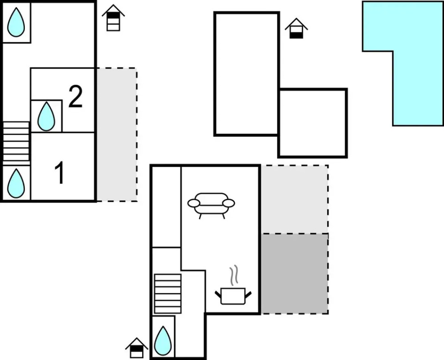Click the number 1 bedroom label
(x=60, y=172)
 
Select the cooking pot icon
(x=233, y=296)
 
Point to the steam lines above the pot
(x=233, y=275)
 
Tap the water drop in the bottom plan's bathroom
(x=163, y=341)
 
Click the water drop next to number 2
(x=46, y=116)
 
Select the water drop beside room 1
(x=16, y=183)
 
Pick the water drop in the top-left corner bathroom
(x=16, y=22)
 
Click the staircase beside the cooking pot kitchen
(x=168, y=294)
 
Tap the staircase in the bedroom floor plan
(x=16, y=142)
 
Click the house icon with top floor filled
(x=113, y=17)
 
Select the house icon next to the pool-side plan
(x=296, y=28)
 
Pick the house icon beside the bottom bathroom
(x=136, y=348)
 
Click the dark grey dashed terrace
(x=294, y=274)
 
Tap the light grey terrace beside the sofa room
(x=294, y=199)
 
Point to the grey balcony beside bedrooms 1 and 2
(x=117, y=135)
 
